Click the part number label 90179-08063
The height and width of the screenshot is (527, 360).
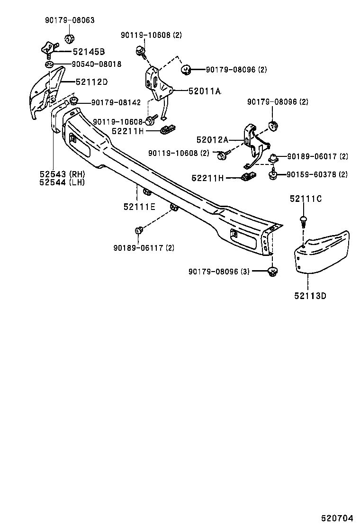[x=69, y=20]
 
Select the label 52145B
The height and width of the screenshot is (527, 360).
[x=88, y=52]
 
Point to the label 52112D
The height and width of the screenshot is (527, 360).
[x=91, y=82]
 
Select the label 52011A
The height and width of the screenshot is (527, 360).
[x=205, y=91]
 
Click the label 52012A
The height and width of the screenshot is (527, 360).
[x=213, y=139]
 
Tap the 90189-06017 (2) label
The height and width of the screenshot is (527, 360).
[x=317, y=156]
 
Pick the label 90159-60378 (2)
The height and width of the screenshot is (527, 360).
[x=317, y=174]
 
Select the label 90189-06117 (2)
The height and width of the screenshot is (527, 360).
[x=144, y=247]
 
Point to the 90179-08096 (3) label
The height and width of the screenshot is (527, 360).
[x=219, y=271]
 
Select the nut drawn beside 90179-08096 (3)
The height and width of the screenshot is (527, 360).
[x=272, y=272]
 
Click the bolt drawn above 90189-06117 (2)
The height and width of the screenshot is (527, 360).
[x=139, y=231]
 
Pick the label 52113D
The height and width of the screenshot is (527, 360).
[x=310, y=296]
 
